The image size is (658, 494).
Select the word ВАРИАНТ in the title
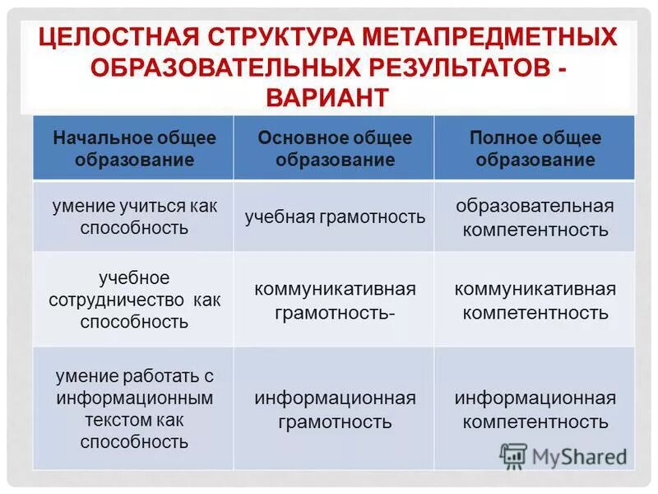[327, 96]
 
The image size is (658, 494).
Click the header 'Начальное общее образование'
[134, 148]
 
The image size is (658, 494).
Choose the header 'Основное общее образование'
[335, 148]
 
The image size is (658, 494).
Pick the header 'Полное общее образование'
[535, 148]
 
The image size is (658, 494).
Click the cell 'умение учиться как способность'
[134, 217]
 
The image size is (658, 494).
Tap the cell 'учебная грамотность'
[335, 217]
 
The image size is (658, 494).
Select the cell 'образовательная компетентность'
[535, 217]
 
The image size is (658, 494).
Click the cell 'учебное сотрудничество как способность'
[134, 299]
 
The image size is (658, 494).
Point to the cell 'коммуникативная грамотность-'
[335, 301]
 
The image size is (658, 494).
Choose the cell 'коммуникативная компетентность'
[535, 301]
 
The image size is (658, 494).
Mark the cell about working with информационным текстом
[134, 408]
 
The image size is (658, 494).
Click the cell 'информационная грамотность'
[335, 410]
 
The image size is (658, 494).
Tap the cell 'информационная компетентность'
[535, 410]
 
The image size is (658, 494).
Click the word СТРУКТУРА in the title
[276, 37]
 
